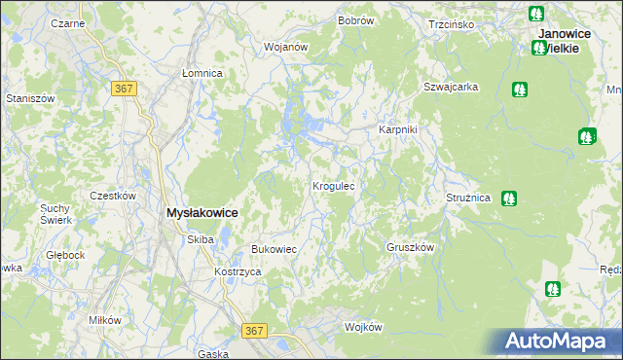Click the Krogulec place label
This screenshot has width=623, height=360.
click(x=339, y=185)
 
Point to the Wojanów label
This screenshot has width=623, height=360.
click(x=286, y=47)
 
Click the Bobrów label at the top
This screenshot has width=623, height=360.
click(x=356, y=20)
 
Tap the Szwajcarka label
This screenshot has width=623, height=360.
click(x=450, y=87)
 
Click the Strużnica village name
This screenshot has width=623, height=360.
click(x=469, y=198)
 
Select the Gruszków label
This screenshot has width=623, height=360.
click(x=410, y=247)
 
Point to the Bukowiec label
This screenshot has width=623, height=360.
click(x=274, y=250)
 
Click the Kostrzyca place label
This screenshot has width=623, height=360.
click(x=238, y=272)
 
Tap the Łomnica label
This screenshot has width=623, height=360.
click(x=202, y=73)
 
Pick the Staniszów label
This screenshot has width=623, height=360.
click(x=28, y=98)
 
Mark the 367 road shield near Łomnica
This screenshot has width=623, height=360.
click(x=125, y=89)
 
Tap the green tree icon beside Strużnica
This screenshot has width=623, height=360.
click(x=508, y=198)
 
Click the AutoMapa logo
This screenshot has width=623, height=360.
click(x=556, y=342)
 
